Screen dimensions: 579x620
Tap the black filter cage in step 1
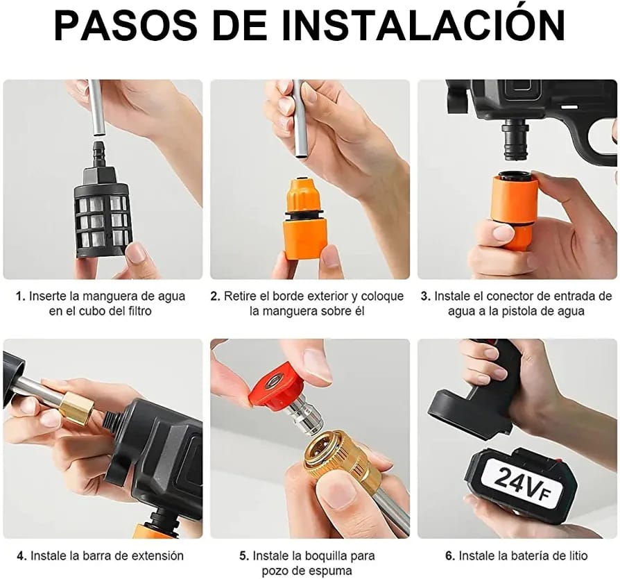click(x=102, y=220)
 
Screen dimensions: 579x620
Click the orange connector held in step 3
click(x=515, y=208)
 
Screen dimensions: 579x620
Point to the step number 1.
click(x=20, y=296)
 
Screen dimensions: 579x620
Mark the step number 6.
click(x=449, y=555)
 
